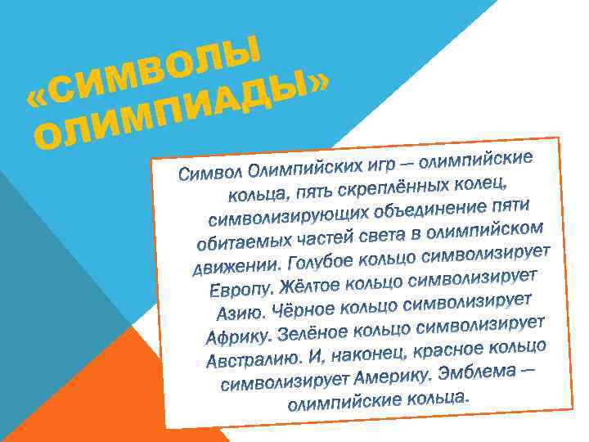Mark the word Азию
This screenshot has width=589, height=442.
239,313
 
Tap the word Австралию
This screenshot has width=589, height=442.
250,359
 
